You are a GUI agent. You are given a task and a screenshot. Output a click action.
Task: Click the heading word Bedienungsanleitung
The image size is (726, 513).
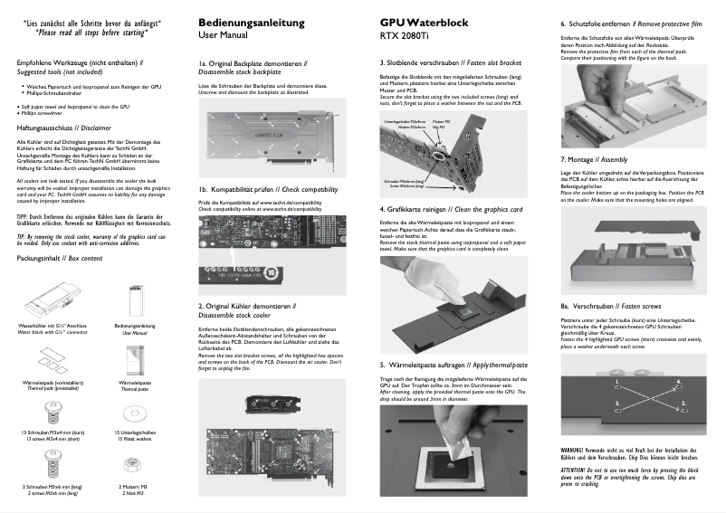247,22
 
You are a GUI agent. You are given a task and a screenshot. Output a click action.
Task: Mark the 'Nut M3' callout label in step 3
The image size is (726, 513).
441,126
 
